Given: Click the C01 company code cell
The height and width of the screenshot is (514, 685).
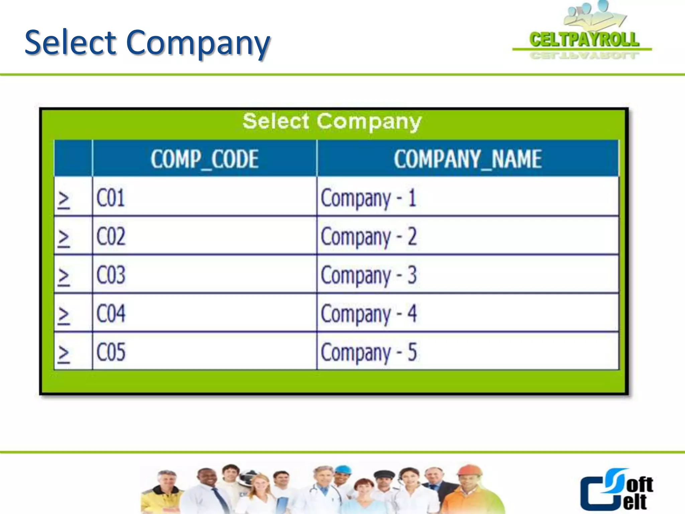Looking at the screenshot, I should click(x=111, y=198).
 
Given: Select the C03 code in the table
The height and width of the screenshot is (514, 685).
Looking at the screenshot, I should click(x=111, y=275).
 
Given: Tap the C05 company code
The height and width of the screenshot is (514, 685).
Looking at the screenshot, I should click(x=111, y=352).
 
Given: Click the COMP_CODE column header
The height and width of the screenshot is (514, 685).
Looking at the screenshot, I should click(x=204, y=159).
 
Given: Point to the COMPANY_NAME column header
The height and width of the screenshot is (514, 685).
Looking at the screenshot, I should click(x=468, y=159).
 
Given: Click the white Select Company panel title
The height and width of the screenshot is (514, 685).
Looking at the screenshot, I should click(x=332, y=121).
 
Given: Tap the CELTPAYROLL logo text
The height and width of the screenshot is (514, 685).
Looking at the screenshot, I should click(x=584, y=39).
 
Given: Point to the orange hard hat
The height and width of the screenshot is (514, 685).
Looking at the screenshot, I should click(x=469, y=470).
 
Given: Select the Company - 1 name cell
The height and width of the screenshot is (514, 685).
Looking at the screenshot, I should click(x=368, y=198).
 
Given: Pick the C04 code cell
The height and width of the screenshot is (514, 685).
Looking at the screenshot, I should click(x=111, y=314).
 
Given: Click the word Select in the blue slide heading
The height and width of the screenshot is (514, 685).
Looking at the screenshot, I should click(x=70, y=43).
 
